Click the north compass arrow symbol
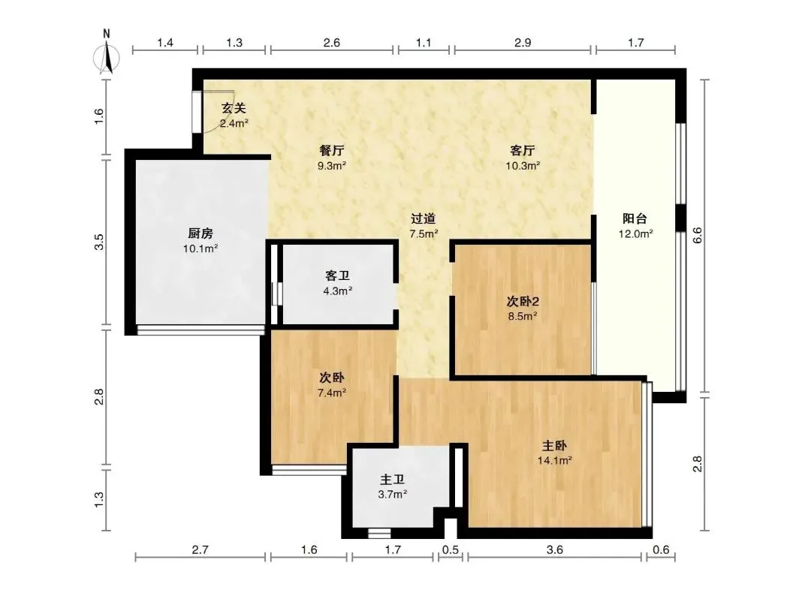click(107, 56)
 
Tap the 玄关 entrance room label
click(234, 108)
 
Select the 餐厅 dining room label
click(332, 150)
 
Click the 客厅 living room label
click(523, 150)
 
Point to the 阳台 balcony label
click(635, 218)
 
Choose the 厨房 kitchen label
click(200, 233)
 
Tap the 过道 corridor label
click(424, 218)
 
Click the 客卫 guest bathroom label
click(338, 275)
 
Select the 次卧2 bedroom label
click(523, 301)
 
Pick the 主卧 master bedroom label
click(554, 445)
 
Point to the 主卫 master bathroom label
click(392, 479)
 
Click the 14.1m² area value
click(554, 460)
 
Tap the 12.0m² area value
click(636, 233)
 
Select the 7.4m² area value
click(332, 393)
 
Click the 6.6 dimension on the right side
click(697, 236)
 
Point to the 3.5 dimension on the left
click(99, 242)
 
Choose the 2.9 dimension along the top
click(523, 42)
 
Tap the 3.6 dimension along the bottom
click(554, 549)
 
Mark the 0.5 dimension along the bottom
click(451, 549)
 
